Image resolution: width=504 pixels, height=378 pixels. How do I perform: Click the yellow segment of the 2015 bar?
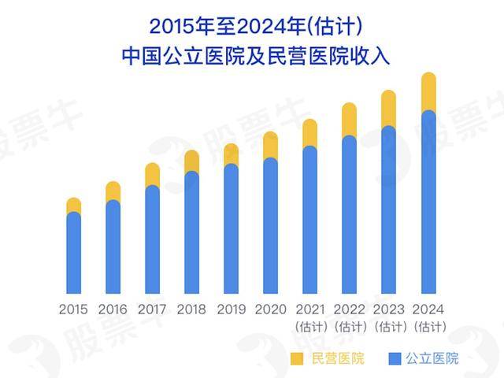click(74, 206)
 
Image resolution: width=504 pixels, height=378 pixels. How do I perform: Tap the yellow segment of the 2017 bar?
click(153, 174)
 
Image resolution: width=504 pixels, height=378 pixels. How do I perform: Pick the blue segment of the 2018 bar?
click(191, 232)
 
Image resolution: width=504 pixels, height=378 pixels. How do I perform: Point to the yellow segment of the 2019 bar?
click(231, 154)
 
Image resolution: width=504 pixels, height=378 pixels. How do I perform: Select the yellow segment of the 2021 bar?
click(309, 133)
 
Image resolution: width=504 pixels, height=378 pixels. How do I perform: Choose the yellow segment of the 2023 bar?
click(388, 109)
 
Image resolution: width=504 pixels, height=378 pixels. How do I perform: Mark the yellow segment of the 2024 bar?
click(428, 92)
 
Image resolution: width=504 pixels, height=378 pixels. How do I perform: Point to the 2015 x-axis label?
click(73, 309)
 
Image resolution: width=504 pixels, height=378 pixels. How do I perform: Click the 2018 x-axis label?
click(191, 309)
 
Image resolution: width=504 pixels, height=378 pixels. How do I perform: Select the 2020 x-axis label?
click(270, 309)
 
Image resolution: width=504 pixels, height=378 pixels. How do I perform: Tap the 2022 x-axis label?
click(349, 309)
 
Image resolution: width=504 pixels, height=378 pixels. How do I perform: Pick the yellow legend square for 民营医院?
click(296, 359)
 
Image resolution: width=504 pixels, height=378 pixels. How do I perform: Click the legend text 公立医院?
click(432, 359)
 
